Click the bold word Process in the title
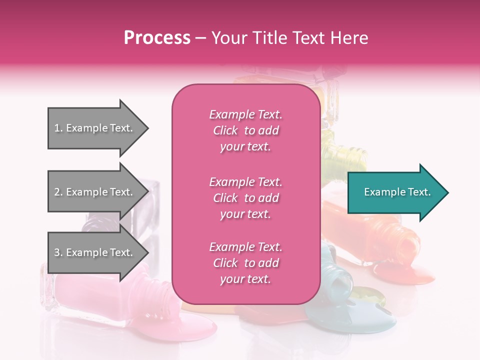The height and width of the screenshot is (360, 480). [157, 38]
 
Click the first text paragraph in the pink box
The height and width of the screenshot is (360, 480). [245, 130]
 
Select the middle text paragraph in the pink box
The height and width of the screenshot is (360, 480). [245, 198]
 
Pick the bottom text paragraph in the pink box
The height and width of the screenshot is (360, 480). [245, 263]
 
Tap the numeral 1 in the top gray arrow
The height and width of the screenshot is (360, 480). [56, 128]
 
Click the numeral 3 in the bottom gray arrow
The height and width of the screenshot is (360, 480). [56, 252]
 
